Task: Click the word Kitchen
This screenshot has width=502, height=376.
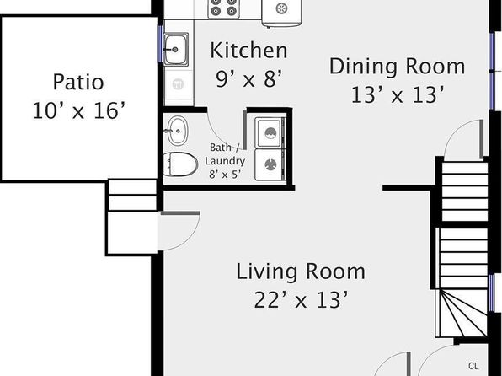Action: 248,51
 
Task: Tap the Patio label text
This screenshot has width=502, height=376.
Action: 78,82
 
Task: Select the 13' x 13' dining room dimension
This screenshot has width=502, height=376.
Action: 398,95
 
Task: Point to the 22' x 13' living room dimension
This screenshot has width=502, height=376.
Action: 301,300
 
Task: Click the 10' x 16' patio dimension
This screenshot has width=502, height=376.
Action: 78,110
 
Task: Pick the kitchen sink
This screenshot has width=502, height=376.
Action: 176,50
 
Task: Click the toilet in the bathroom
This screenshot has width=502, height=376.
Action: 180,164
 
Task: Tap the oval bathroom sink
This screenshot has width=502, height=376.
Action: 177,131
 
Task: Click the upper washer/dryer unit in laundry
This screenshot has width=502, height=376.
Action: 270,132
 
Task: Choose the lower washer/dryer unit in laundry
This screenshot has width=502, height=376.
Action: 270,165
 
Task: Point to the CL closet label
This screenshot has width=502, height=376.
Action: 473,366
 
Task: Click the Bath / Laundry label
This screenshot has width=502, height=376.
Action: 225,154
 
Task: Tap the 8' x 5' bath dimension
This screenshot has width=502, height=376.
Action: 225,175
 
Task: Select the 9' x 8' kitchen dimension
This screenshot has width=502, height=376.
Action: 248,79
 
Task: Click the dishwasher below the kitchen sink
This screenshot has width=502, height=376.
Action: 178,85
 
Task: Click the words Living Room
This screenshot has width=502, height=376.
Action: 301,271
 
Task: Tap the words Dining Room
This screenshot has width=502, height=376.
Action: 398,67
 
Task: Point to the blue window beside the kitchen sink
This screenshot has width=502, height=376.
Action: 160,44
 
